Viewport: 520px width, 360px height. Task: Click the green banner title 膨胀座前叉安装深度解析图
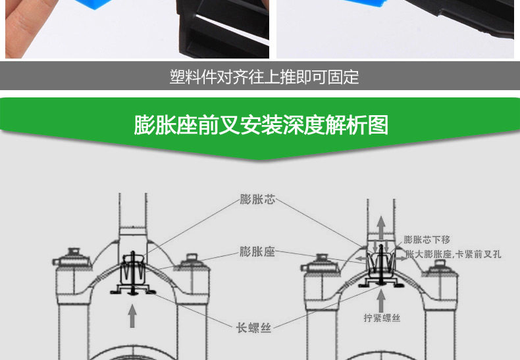coord(261,125)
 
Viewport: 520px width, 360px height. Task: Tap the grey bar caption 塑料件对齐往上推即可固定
coord(265,77)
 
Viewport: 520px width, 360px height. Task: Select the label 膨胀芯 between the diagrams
coord(257,199)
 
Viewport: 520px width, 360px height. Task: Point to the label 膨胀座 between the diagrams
coord(257,251)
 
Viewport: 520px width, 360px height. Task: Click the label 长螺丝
coord(253,328)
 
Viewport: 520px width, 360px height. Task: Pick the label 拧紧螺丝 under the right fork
coord(382,318)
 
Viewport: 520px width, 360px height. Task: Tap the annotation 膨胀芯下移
coord(427,240)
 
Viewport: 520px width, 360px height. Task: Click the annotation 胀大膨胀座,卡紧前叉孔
coord(453,254)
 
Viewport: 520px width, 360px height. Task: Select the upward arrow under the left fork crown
coord(132,316)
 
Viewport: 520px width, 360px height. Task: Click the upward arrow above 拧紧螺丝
coord(381,301)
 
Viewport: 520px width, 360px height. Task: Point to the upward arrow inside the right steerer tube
coord(381,228)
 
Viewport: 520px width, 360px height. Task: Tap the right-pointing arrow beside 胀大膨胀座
coord(401,258)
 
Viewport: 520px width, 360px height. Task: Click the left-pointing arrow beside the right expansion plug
coord(361,258)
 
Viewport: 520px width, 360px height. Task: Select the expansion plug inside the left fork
coord(133,272)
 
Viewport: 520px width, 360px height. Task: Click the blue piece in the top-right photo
coord(365,3)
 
